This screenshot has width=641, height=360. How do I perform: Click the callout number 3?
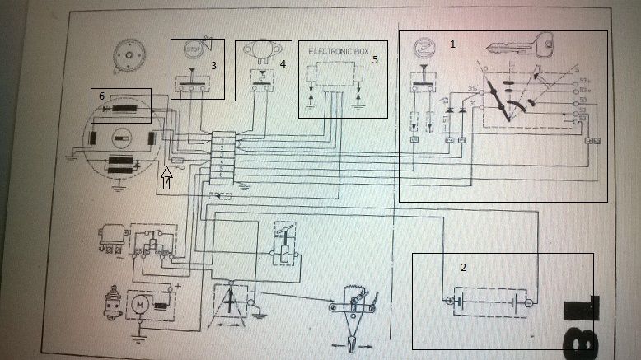pyautogui.click(x=213, y=64)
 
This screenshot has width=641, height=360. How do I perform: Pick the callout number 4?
pyautogui.click(x=282, y=63)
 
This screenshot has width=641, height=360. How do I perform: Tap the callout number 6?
pyautogui.click(x=101, y=96)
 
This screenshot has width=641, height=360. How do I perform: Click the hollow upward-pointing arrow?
pyautogui.click(x=166, y=177)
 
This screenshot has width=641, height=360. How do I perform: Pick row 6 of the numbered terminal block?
pyautogui.click(x=223, y=175)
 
